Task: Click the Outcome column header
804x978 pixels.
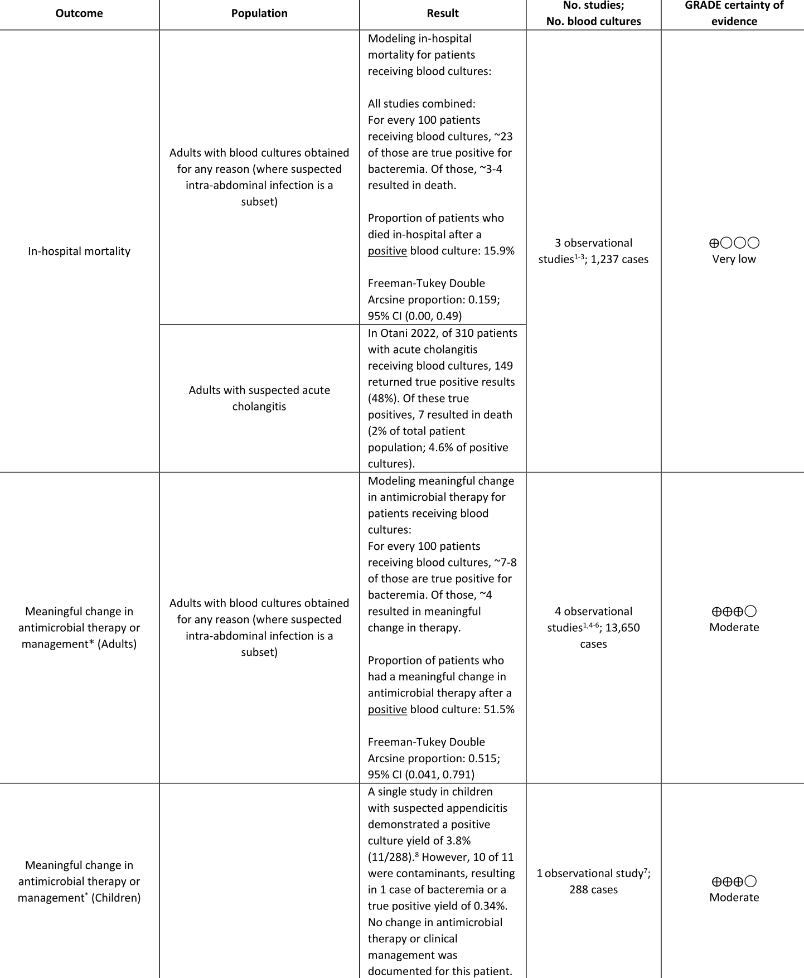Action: coord(79,13)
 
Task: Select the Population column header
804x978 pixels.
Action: coord(259,13)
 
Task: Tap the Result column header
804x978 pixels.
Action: coord(443,13)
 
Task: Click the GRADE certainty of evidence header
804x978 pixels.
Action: coord(734,13)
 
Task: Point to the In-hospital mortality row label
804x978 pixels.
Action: coord(79,251)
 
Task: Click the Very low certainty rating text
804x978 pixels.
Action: coord(734,259)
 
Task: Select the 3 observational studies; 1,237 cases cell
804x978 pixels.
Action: coord(593,251)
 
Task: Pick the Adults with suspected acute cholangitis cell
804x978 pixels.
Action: coord(259,398)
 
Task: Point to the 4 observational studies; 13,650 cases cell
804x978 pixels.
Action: coord(593,627)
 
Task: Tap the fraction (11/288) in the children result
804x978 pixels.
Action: coord(391,857)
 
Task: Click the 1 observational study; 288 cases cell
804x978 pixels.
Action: coord(593,882)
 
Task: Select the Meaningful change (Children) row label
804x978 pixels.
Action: coord(79,882)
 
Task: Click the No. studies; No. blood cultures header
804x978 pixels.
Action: coord(593,13)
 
